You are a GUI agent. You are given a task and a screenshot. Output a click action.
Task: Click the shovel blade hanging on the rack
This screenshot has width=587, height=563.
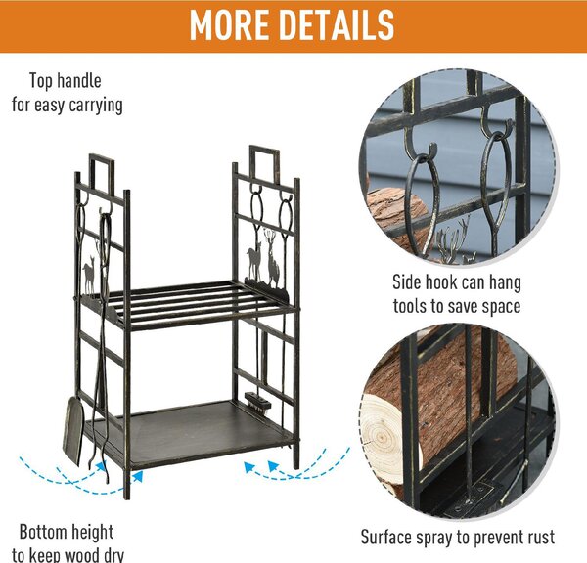[x=73, y=430]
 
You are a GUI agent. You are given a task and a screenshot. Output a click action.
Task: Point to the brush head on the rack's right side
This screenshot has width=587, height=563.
[x=257, y=402]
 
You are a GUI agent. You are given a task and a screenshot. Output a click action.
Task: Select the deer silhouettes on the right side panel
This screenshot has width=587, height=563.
[x=263, y=259]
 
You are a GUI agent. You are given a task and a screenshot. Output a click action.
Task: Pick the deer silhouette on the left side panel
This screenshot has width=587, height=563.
[x=90, y=274]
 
